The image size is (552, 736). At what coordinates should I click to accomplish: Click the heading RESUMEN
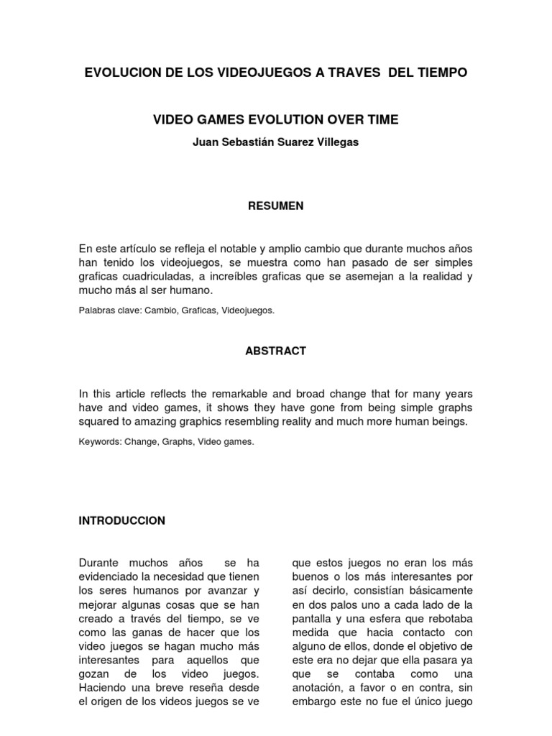[275, 206]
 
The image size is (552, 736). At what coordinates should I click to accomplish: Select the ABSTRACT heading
[275, 351]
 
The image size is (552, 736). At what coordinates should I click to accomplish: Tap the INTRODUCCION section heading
[122, 520]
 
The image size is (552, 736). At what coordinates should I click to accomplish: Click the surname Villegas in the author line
[333, 142]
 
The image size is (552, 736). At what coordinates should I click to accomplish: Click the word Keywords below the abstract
[98, 442]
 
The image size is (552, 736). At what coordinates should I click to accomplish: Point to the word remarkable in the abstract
[244, 393]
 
